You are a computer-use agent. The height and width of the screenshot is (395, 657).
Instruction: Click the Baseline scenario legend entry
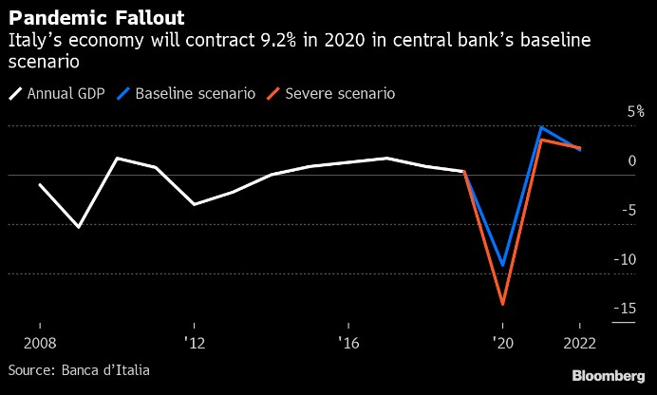point(185,94)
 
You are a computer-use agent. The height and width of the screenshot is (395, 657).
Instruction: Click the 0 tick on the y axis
point(631,160)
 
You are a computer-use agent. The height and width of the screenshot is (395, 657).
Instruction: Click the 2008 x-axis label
point(39,342)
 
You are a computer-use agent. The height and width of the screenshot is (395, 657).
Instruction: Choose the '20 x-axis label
point(502,342)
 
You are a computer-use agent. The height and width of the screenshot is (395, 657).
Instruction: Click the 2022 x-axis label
point(579,342)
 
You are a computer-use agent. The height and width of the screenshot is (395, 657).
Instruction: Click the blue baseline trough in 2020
point(502,265)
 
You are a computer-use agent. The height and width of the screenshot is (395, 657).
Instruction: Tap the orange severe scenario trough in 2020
point(502,304)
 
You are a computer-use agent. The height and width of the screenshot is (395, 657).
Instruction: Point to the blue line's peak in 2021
point(541,127)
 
